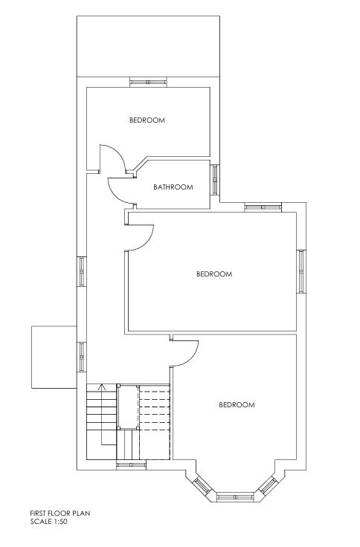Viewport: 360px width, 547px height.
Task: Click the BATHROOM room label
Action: point(173,187)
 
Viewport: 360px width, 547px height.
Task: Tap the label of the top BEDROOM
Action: point(147,120)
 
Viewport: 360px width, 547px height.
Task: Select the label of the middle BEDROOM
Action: point(214,273)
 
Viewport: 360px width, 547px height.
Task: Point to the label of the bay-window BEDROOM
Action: point(237,404)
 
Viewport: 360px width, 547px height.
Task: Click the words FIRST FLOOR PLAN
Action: point(60,513)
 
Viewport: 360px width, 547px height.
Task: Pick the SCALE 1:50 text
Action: point(48,522)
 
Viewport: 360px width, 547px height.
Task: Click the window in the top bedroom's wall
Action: point(148,82)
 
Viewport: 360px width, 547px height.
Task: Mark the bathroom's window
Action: point(215,180)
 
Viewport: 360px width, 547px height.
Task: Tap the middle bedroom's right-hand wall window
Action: point(301,271)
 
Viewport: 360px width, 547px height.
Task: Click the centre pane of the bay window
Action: point(235,496)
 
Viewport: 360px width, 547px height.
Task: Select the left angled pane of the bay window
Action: point(202,485)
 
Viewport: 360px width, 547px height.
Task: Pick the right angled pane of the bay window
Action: point(269,485)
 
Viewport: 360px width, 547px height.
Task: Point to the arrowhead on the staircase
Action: point(102,386)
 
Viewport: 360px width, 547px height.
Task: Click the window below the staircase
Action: point(131,465)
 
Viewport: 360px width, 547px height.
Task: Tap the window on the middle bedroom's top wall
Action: point(263,207)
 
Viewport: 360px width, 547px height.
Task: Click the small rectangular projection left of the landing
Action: point(54,357)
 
